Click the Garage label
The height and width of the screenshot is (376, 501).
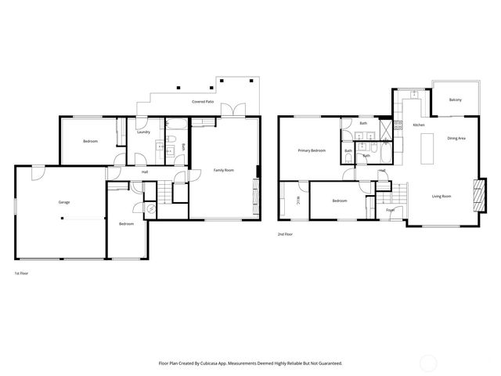(x=63, y=202)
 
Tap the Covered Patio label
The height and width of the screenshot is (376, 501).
(x=204, y=102)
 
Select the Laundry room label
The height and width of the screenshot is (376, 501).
(x=143, y=132)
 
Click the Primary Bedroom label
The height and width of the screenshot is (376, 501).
(x=311, y=150)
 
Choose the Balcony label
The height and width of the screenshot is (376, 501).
(x=455, y=100)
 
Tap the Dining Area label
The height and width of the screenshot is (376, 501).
(x=456, y=138)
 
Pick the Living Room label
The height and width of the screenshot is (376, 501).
(x=442, y=196)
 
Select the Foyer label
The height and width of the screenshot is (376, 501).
(x=390, y=210)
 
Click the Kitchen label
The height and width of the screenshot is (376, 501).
(x=419, y=125)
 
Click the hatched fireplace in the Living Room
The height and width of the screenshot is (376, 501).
(x=478, y=194)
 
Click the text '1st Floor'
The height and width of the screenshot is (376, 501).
(x=22, y=273)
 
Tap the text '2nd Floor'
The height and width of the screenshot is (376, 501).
(x=285, y=234)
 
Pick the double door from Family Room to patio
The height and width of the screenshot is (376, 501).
(x=232, y=110)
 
